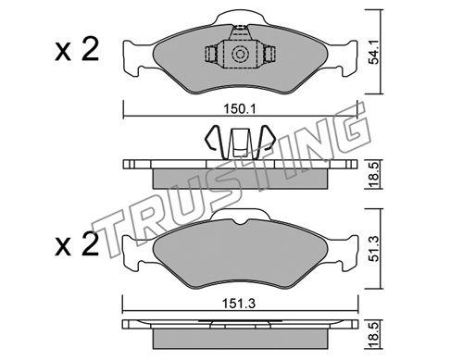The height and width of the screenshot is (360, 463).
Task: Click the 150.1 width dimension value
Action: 240,109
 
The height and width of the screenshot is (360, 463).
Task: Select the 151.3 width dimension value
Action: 240,304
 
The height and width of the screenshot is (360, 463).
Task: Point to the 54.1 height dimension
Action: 374,56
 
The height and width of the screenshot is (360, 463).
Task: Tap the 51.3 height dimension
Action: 374,249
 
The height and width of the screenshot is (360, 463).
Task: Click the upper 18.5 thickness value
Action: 374,175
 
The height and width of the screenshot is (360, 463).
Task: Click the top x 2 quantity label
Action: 77,49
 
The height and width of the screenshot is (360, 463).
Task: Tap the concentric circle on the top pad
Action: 240,55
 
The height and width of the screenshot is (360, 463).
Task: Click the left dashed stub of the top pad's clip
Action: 211,55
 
